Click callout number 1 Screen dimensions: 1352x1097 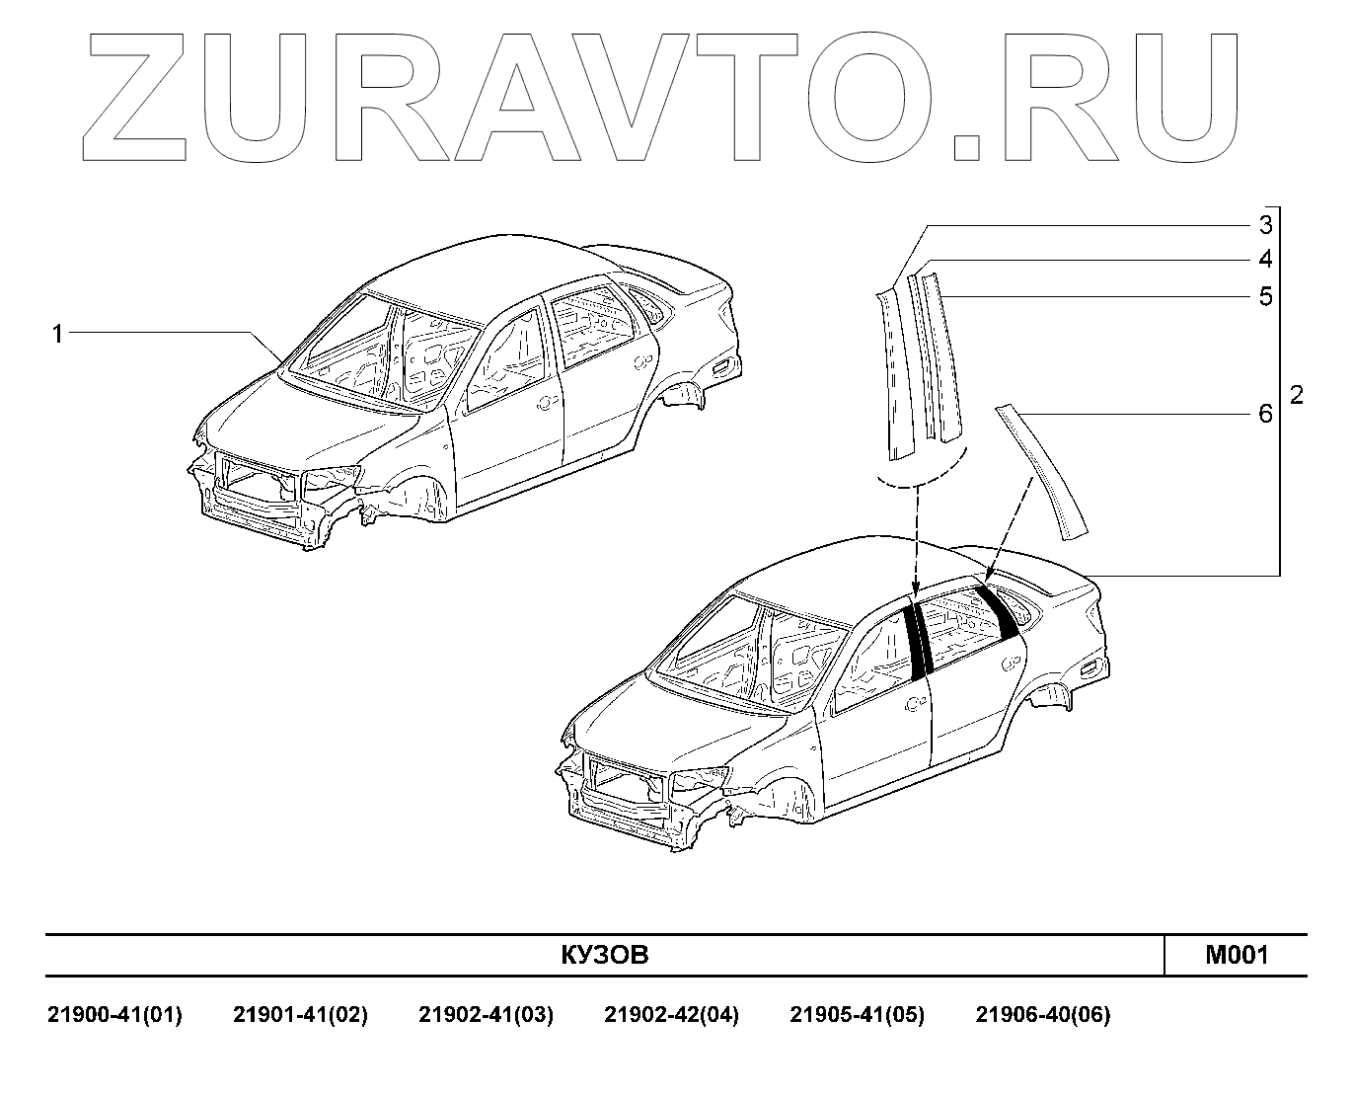tap(57, 335)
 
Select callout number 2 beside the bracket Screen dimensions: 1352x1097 tap(1297, 395)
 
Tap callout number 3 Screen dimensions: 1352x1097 tap(1265, 225)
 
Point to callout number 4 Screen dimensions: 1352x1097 tap(1265, 260)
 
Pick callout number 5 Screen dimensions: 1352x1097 tap(1265, 296)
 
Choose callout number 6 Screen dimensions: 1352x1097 tap(1265, 414)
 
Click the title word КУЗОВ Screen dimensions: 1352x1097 tap(605, 955)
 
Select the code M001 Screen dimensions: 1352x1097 tap(1236, 955)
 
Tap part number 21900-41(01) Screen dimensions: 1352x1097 tap(115, 1015)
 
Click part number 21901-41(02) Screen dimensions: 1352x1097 tap(300, 1015)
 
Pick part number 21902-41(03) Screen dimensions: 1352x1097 tap(486, 1015)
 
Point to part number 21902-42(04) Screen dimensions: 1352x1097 tap(671, 1015)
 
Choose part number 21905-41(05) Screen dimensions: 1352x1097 tap(857, 1015)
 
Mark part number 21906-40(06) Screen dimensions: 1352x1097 tap(1042, 1015)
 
